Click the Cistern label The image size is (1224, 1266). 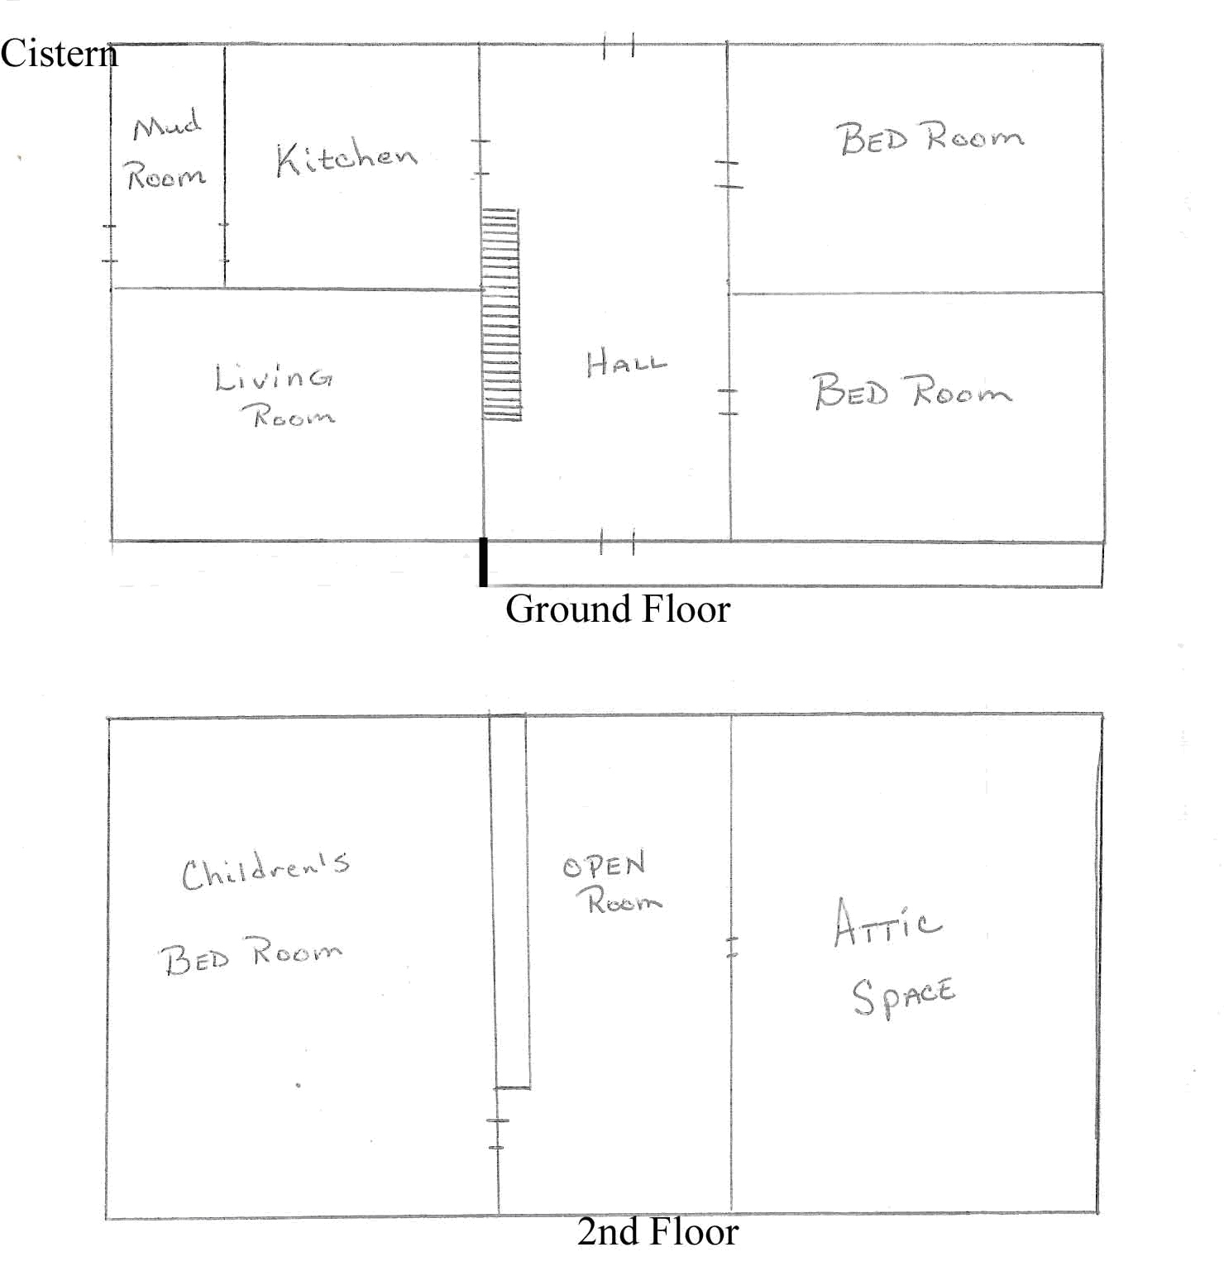[x=59, y=54]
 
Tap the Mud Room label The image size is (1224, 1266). [x=165, y=150]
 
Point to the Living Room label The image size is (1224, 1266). [x=275, y=394]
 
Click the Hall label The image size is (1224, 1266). [x=626, y=364]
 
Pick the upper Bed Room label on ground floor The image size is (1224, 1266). [x=930, y=137]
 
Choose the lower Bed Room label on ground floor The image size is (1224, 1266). [x=912, y=390]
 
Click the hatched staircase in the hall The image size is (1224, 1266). [x=501, y=315]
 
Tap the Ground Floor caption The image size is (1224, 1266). [x=618, y=609]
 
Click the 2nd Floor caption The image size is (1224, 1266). [x=657, y=1232]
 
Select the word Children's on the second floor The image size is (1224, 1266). [x=265, y=872]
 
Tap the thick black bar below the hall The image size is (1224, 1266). [x=484, y=562]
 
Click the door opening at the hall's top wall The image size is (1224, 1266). [x=619, y=45]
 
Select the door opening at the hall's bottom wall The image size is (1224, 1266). [x=617, y=542]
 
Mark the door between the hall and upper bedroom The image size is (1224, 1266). [x=729, y=174]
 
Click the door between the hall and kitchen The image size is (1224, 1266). [x=481, y=157]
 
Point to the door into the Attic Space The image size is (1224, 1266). [x=731, y=947]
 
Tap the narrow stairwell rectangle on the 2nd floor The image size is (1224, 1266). [x=509, y=901]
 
